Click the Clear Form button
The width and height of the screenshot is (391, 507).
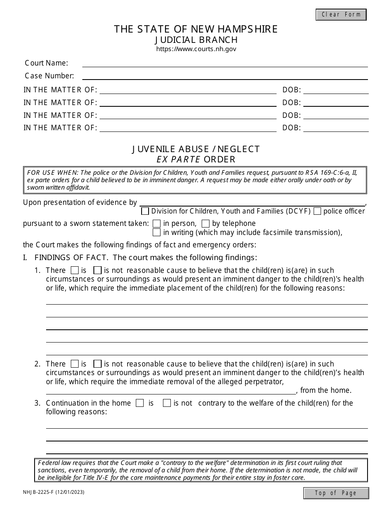[341, 14]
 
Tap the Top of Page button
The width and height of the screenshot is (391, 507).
[336, 493]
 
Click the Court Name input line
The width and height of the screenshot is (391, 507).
[225, 63]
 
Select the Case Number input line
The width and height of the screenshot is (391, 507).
[225, 76]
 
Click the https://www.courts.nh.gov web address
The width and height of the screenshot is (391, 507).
[196, 49]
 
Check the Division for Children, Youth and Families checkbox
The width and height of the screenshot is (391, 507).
[145, 211]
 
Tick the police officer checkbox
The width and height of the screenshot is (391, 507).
[317, 211]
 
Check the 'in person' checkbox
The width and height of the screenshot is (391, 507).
[156, 224]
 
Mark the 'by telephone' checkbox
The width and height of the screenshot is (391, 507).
[205, 224]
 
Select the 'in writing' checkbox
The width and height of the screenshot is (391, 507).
[156, 232]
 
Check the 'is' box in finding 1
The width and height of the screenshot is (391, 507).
[74, 271]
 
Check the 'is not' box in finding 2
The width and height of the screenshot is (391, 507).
[98, 364]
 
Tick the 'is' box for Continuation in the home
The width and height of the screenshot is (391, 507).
[140, 403]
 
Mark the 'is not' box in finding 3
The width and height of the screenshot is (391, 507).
[167, 403]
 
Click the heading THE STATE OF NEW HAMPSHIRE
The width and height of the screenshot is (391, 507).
[196, 29]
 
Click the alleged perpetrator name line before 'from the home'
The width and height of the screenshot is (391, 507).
[170, 390]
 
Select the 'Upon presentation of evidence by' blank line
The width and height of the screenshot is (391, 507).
[252, 202]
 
